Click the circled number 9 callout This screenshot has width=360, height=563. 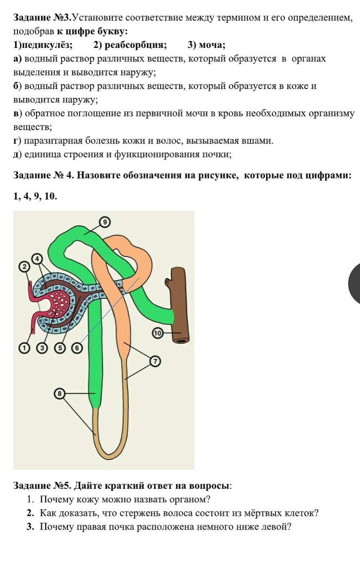click(x=105, y=222)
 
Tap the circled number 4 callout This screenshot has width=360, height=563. click(x=37, y=259)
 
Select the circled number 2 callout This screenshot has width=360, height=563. click(x=25, y=267)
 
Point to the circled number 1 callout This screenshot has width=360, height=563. click(x=25, y=348)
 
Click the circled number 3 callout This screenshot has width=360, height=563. click(x=42, y=348)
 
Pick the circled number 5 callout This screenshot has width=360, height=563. click(x=60, y=348)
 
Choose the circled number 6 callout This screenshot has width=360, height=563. click(x=77, y=348)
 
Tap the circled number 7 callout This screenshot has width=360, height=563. click(x=155, y=362)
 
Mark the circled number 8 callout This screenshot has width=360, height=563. click(x=59, y=393)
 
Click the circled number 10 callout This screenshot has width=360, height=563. click(x=158, y=333)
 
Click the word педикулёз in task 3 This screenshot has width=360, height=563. click(x=45, y=45)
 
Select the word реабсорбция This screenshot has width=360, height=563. click(x=136, y=45)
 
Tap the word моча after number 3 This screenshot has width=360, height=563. click(x=212, y=45)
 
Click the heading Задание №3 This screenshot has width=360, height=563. click(x=42, y=18)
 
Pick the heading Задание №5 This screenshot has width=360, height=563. click(x=42, y=485)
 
